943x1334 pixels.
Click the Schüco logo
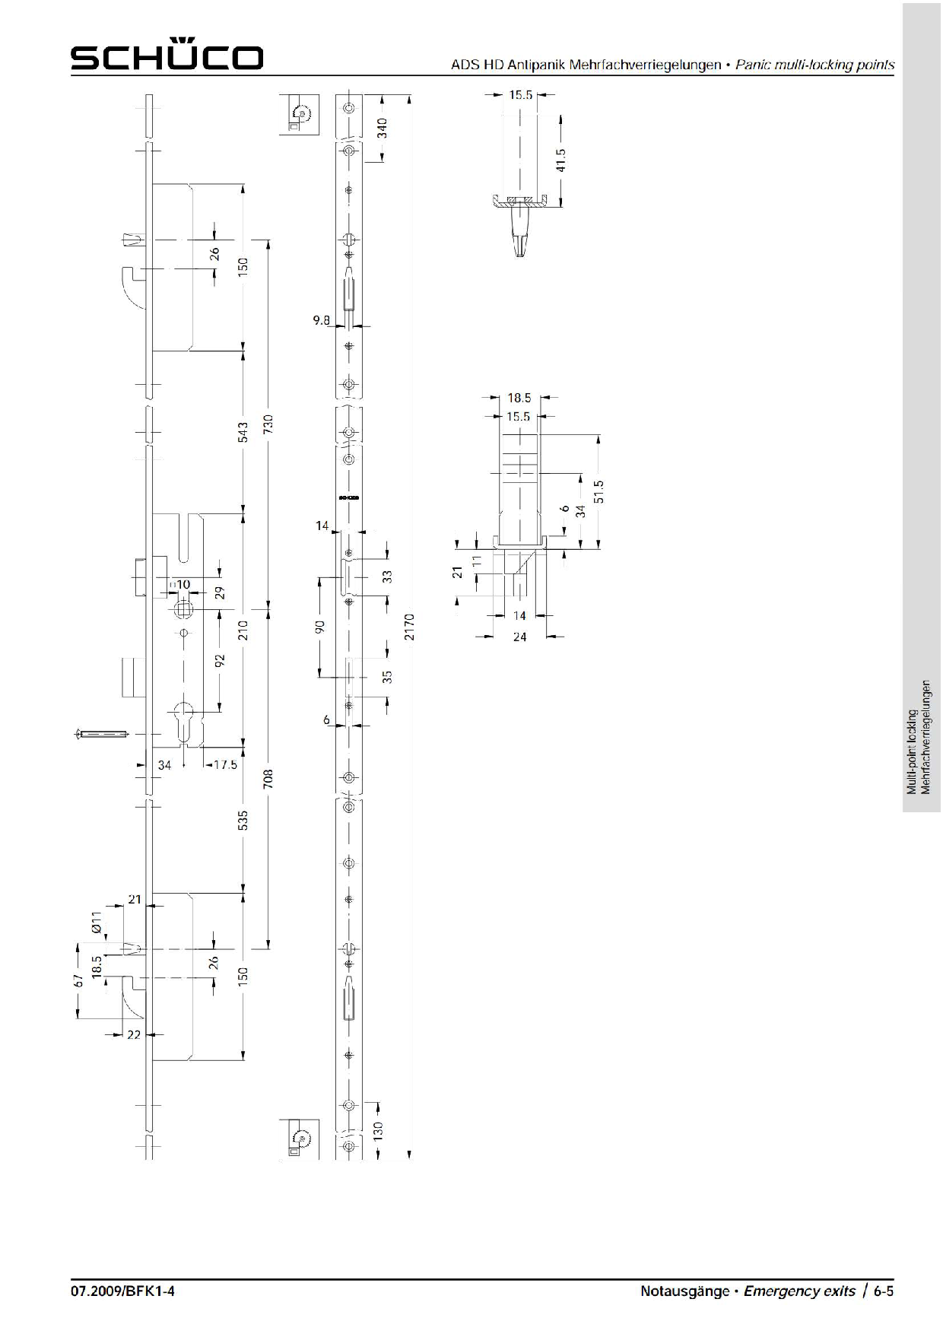click(x=167, y=55)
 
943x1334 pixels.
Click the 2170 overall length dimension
click(x=410, y=627)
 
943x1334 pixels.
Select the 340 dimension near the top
click(x=383, y=127)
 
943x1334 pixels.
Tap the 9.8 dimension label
click(x=322, y=320)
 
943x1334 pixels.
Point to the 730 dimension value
click(x=268, y=424)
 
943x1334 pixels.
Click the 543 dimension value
click(x=243, y=432)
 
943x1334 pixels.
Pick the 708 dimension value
click(x=268, y=778)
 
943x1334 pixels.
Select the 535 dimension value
click(x=243, y=820)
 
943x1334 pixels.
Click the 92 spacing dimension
click(x=220, y=660)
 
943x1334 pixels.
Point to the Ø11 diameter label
click(x=97, y=923)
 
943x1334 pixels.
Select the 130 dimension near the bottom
click(x=378, y=1130)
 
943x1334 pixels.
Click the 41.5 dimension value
click(x=561, y=160)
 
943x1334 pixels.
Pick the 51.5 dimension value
click(x=599, y=491)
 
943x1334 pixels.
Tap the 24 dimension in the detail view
click(x=519, y=637)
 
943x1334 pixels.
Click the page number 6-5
click(x=883, y=1291)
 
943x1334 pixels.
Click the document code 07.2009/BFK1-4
click(x=122, y=1291)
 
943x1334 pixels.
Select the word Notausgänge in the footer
click(x=684, y=1291)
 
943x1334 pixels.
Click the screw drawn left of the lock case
click(x=102, y=734)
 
